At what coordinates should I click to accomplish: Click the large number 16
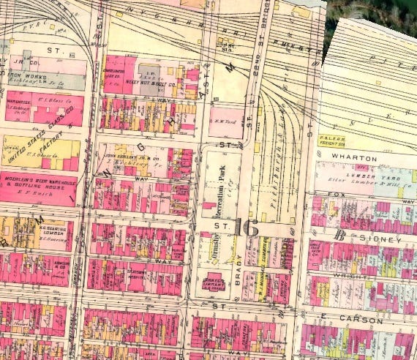(x=248, y=228)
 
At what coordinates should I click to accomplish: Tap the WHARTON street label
(x=353, y=158)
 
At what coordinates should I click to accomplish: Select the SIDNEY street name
(x=380, y=239)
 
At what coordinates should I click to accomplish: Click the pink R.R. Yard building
(x=226, y=117)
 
